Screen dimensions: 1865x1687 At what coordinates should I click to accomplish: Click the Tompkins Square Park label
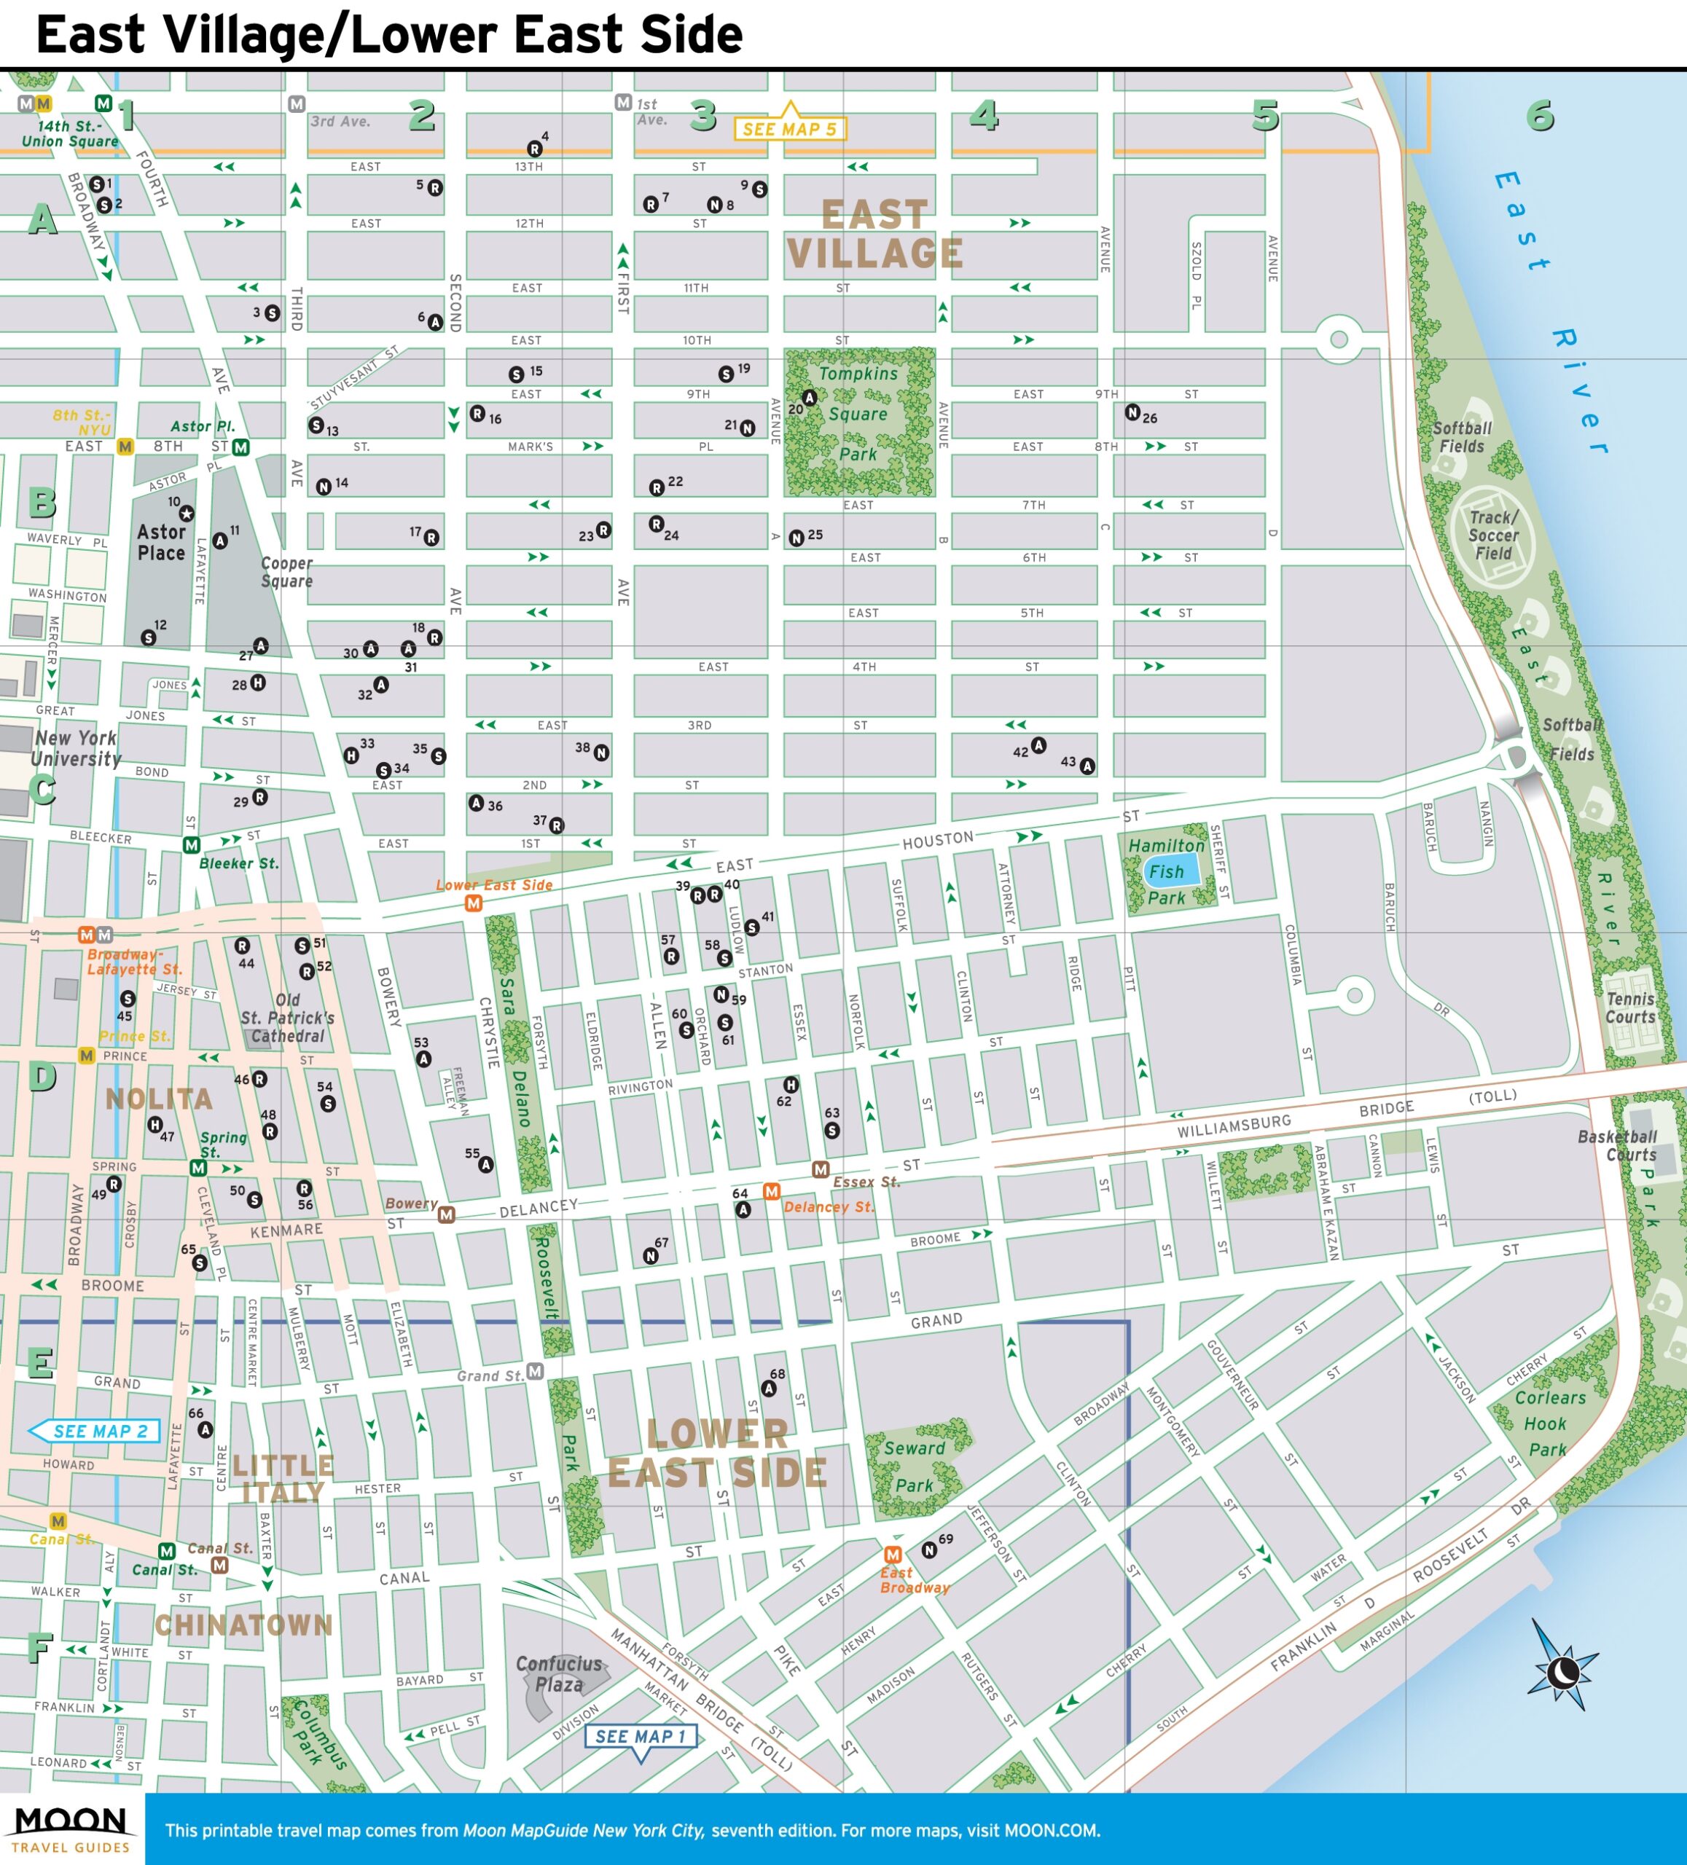(858, 414)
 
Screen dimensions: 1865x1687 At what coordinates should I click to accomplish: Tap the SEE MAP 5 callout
(789, 129)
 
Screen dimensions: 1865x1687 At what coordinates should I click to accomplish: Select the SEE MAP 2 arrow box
(95, 1431)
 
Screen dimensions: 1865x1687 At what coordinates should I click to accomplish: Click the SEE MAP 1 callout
(639, 1736)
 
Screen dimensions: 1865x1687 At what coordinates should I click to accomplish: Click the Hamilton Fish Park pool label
(1166, 871)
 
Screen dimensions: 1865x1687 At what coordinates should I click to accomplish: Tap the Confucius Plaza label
(559, 1673)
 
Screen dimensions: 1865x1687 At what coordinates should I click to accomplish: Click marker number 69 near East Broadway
(929, 1550)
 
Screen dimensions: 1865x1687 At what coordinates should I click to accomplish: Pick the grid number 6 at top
(1540, 116)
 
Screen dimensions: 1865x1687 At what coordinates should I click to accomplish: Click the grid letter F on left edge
(39, 1646)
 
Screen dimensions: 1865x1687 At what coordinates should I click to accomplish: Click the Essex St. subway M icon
(820, 1169)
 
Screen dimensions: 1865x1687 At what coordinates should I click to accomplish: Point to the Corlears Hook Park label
(1549, 1424)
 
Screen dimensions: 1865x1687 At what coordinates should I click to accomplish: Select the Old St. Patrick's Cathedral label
(288, 1018)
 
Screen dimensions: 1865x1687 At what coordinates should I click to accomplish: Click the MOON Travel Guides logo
(71, 1829)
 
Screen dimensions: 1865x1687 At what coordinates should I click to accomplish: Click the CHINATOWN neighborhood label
(243, 1625)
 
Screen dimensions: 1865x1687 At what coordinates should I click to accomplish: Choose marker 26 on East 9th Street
(1132, 412)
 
